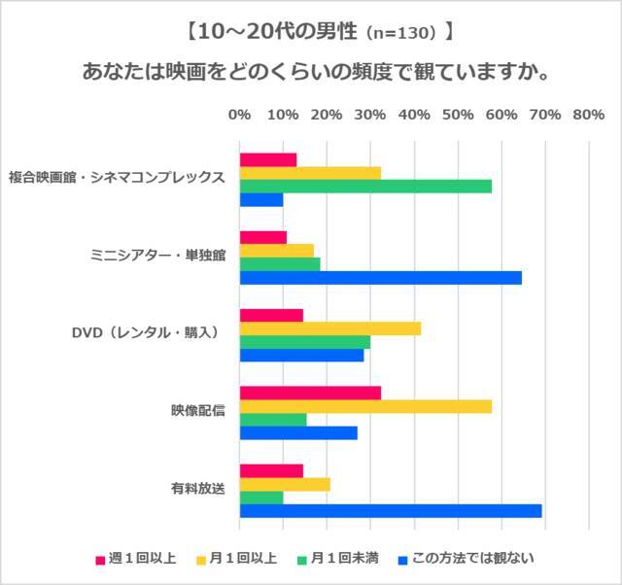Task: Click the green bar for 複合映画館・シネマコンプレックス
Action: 365,186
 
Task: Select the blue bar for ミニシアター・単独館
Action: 380,277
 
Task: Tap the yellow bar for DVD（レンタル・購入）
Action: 329,328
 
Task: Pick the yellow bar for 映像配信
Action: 365,406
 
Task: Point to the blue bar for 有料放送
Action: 391,510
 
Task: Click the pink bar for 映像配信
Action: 310,393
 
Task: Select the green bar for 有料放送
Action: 261,498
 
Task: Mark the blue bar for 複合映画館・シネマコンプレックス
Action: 261,199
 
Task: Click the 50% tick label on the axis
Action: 457,115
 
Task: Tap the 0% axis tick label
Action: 239,115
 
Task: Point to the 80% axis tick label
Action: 588,115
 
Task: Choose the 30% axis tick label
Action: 369,115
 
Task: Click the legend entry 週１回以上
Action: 142,559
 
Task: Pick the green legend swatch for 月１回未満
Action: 302,560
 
